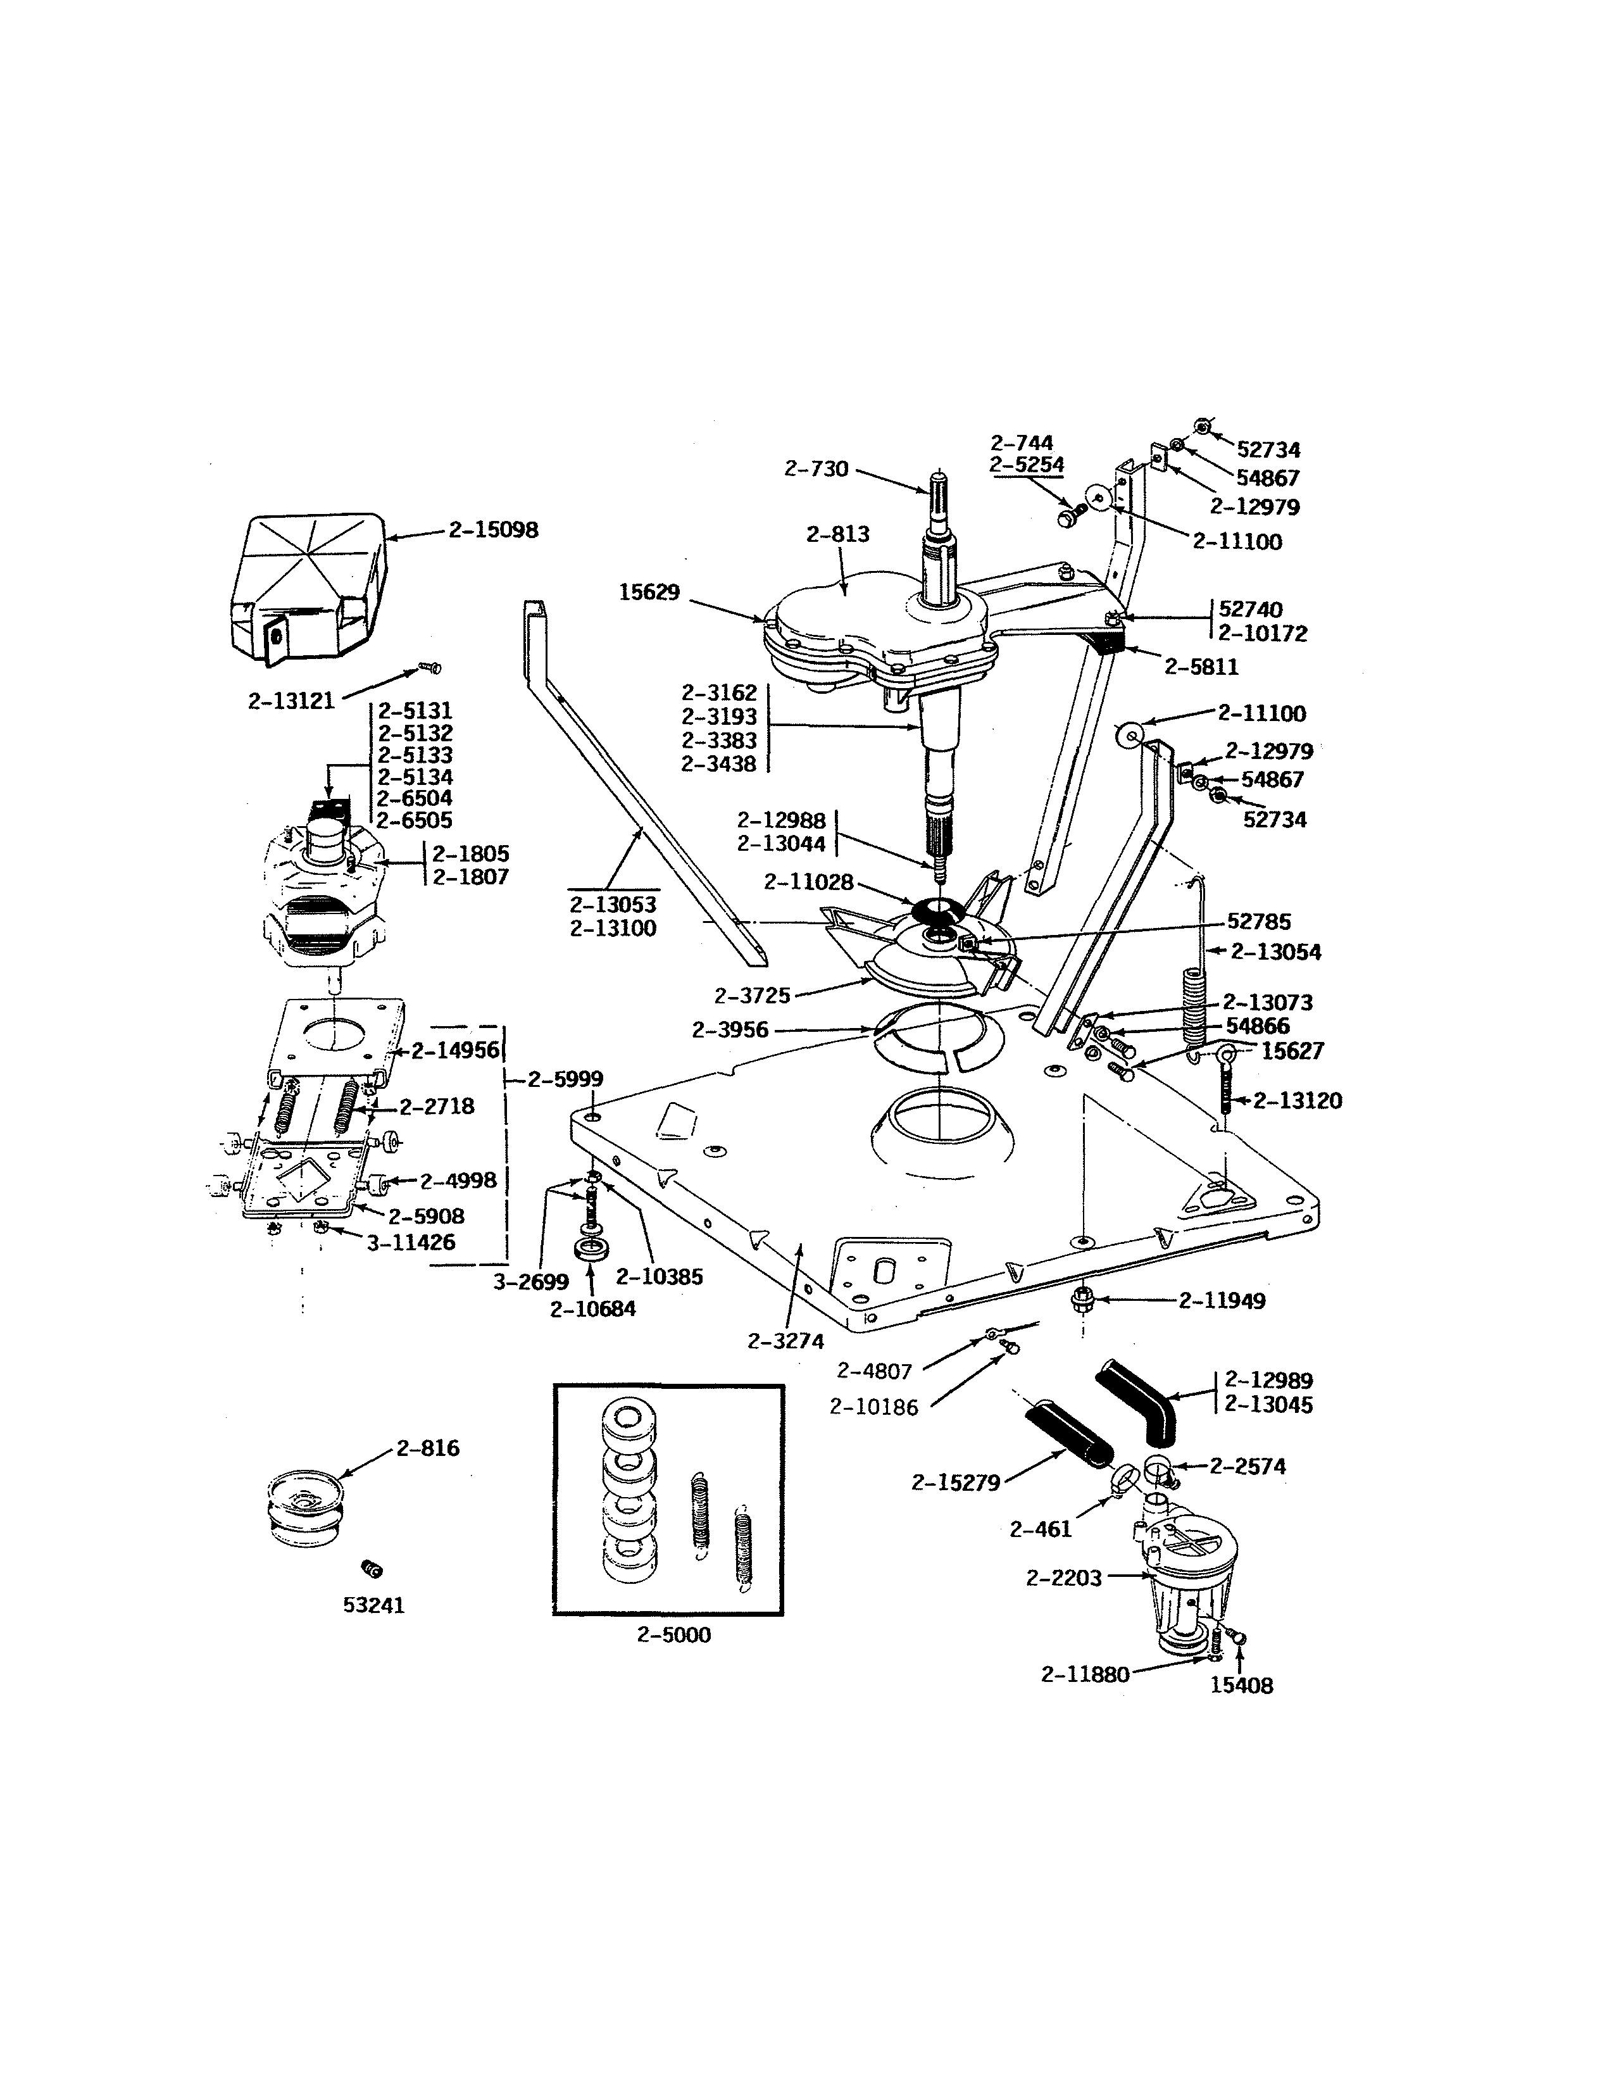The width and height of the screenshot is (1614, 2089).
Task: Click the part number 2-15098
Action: click(x=494, y=530)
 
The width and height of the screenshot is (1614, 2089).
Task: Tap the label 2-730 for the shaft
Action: click(x=816, y=468)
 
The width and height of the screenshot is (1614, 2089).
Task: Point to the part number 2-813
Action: click(x=837, y=535)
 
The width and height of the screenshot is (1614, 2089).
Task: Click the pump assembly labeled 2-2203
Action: click(x=1185, y=1578)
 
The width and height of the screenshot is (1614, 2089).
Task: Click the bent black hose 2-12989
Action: click(x=1138, y=1400)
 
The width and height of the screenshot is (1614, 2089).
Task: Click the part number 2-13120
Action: click(x=1298, y=1101)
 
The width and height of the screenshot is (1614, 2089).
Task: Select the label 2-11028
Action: click(x=808, y=883)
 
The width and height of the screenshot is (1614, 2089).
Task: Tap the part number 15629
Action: click(x=649, y=593)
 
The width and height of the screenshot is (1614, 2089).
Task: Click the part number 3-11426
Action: click(x=411, y=1243)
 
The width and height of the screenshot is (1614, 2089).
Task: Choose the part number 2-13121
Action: click(x=292, y=701)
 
